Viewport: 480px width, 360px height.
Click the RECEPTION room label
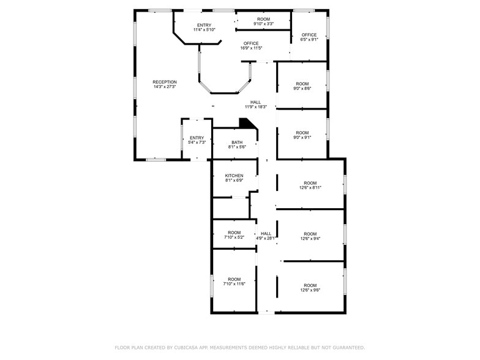165,82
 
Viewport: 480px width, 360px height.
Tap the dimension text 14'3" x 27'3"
165,87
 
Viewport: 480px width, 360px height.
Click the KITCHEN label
234,176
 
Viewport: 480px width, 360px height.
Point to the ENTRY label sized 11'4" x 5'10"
204,25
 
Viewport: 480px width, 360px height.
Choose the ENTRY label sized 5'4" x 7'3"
197,138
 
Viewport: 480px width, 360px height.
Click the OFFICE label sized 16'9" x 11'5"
251,43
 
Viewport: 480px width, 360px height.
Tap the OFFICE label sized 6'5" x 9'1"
309,35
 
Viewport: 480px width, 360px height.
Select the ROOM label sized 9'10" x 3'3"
263,19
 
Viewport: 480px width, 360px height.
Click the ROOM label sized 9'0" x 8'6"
302,84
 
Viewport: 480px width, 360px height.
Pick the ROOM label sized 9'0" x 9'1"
302,133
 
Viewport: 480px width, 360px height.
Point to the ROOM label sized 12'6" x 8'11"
310,183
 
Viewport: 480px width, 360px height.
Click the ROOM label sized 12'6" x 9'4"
310,234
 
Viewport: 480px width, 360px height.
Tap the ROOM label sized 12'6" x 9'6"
310,285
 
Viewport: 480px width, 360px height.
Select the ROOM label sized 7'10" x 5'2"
234,233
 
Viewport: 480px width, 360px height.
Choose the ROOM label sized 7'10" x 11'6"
234,279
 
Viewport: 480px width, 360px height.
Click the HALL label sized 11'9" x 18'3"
255,102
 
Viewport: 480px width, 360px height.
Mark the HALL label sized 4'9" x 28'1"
266,233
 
